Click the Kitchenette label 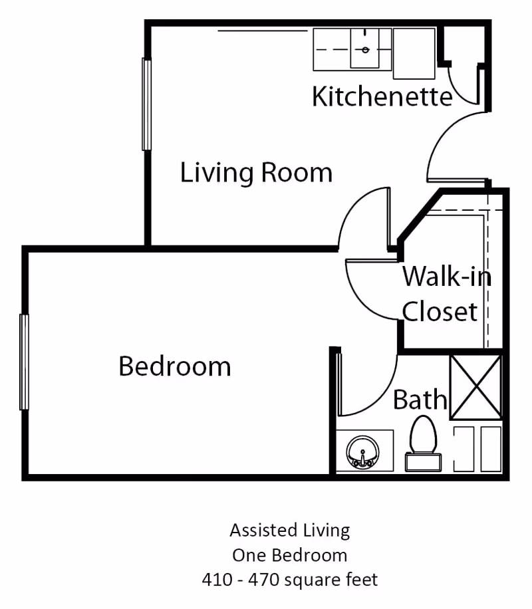[382, 97]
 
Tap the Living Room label [256, 173]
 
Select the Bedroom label [175, 366]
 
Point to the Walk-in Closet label [446, 293]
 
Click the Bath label [420, 400]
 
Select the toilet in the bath [424, 442]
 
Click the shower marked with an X [475, 387]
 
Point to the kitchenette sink [366, 49]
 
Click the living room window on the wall [146, 104]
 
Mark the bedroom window [25, 362]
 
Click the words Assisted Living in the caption [289, 530]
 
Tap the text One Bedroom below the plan [289, 554]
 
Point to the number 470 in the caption [263, 579]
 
